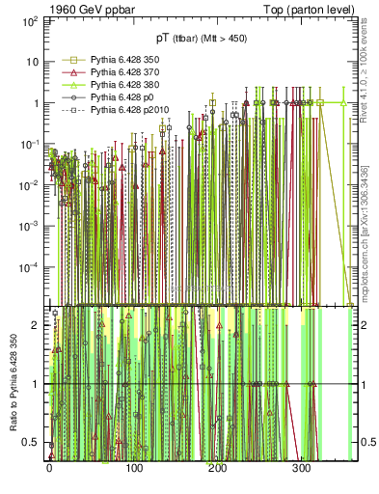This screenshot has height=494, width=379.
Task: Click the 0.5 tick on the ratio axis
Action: (33, 443)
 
